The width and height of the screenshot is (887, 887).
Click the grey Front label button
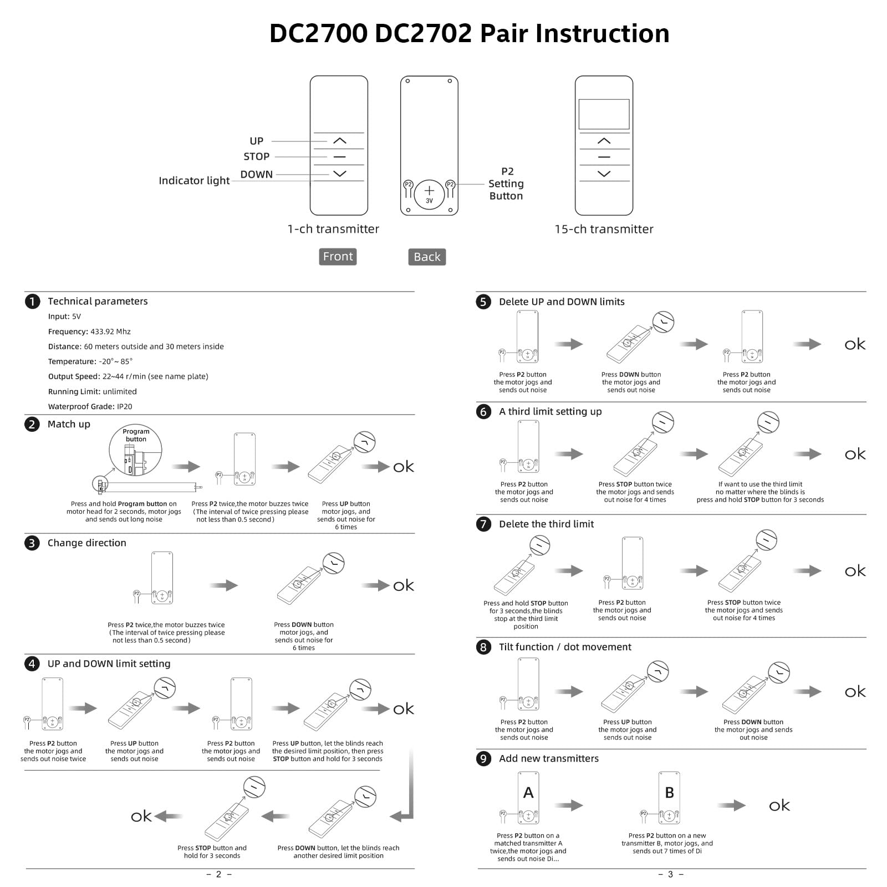click(x=338, y=256)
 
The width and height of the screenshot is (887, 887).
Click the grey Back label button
click(x=427, y=257)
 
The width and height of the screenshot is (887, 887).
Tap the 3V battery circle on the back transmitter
click(x=429, y=194)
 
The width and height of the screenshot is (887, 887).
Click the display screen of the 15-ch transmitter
click(x=604, y=114)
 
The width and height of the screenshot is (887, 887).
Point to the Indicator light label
click(x=194, y=181)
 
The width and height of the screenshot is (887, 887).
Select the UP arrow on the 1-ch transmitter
click(x=339, y=141)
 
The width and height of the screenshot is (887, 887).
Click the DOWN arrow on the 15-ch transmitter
click(x=604, y=174)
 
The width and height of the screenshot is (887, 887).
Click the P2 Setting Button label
click(x=506, y=183)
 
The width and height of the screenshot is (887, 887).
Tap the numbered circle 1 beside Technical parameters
click(x=33, y=301)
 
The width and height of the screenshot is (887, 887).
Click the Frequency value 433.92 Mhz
click(x=110, y=332)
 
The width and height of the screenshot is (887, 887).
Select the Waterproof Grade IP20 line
click(x=90, y=406)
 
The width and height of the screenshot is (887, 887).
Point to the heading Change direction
click(x=86, y=543)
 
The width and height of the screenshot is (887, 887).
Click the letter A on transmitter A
click(x=528, y=793)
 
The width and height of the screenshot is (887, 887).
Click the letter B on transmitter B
click(x=669, y=793)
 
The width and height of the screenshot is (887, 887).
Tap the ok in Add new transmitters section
click(x=779, y=806)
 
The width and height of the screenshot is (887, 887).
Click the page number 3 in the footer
click(x=670, y=874)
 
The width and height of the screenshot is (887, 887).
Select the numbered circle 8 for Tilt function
click(x=483, y=648)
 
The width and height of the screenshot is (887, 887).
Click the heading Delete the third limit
click(x=546, y=524)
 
